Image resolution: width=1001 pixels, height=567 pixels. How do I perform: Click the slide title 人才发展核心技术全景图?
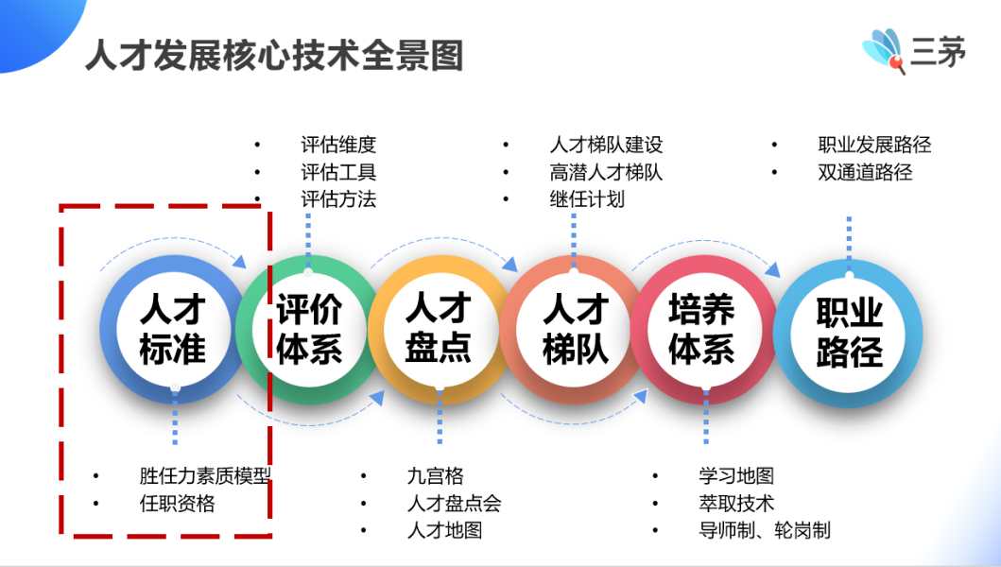tap(274, 55)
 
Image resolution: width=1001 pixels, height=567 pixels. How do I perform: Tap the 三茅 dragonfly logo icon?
tap(884, 51)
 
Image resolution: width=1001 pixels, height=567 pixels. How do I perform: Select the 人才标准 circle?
tap(173, 330)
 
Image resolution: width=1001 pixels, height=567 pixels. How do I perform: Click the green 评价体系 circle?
tap(309, 330)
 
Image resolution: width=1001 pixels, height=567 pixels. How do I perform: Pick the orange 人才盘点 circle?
tap(440, 330)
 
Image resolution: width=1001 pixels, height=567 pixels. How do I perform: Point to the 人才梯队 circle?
tap(573, 330)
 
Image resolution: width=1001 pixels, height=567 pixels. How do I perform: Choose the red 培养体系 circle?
tap(704, 330)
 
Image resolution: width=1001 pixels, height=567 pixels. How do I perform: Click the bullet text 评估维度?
tap(338, 145)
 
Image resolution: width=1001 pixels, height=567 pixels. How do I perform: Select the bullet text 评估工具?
tap(338, 172)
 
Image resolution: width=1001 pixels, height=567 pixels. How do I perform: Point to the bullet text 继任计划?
tap(587, 199)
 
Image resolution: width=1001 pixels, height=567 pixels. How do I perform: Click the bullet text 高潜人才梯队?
tap(606, 172)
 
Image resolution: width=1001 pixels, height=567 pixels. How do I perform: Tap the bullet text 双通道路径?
tap(865, 172)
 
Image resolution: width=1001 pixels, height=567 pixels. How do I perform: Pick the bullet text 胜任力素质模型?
tap(205, 475)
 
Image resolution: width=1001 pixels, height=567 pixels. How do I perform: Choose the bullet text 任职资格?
tap(178, 504)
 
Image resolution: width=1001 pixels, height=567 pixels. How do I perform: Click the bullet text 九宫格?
tap(436, 475)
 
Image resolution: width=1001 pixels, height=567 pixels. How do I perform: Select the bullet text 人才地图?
tap(445, 530)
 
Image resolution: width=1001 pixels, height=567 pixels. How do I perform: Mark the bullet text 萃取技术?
tap(736, 504)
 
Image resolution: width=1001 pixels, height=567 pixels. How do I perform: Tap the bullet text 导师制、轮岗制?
tap(765, 530)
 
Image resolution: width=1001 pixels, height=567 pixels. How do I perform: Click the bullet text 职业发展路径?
tap(874, 145)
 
